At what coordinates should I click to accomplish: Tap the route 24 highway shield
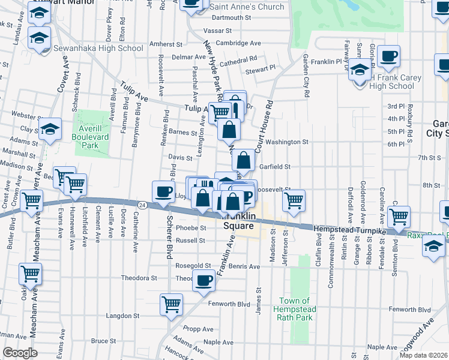tap(141, 205)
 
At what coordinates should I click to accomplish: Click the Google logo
tap(20, 353)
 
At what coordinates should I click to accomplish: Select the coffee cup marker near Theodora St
tap(203, 279)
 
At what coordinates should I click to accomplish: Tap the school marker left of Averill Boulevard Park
tap(50, 128)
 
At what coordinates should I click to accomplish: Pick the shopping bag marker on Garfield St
tap(243, 160)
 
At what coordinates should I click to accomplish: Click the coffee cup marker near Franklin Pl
tap(388, 56)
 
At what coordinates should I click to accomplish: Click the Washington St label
tap(287, 142)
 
